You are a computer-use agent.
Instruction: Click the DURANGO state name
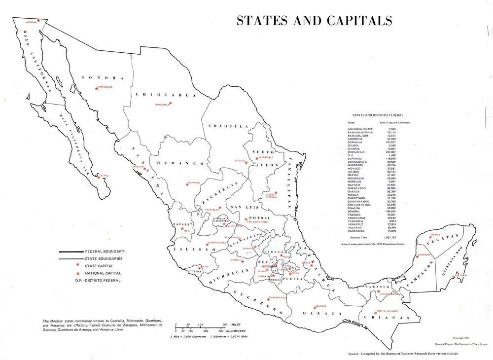(x=174, y=162)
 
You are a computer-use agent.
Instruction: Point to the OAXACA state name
(x=322, y=314)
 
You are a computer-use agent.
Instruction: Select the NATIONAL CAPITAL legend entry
(x=103, y=273)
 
